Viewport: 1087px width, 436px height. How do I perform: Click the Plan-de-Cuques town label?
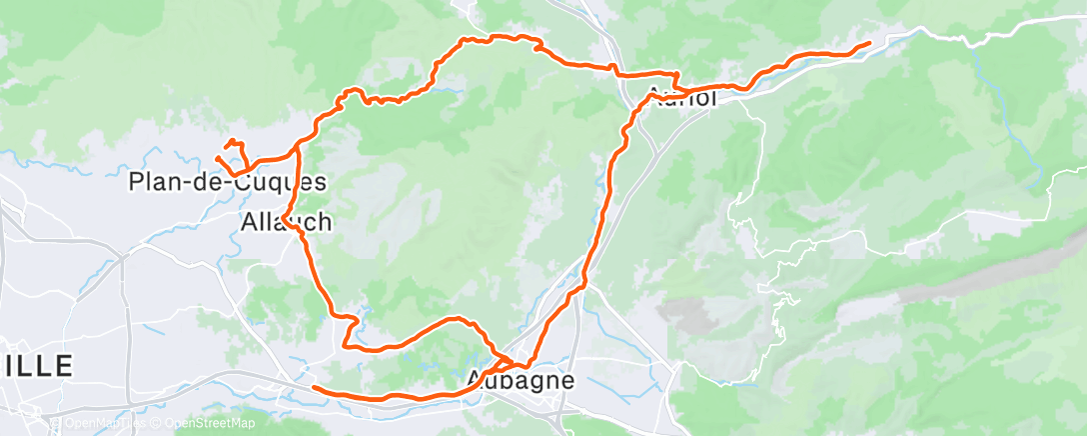[228, 183]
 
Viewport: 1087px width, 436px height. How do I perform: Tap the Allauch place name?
[286, 221]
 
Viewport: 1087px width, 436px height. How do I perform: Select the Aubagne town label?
[521, 381]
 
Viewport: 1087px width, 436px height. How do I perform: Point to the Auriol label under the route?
[682, 98]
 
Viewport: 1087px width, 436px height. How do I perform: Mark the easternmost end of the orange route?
[869, 42]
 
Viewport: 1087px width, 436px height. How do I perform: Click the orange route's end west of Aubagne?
[314, 387]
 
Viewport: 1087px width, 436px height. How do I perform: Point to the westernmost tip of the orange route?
[217, 158]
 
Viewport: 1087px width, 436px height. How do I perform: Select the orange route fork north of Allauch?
[298, 150]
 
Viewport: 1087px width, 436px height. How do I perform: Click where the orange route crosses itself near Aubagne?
[509, 359]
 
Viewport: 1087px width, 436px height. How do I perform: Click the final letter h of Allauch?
[325, 221]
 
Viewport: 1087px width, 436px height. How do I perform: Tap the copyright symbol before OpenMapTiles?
[57, 423]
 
